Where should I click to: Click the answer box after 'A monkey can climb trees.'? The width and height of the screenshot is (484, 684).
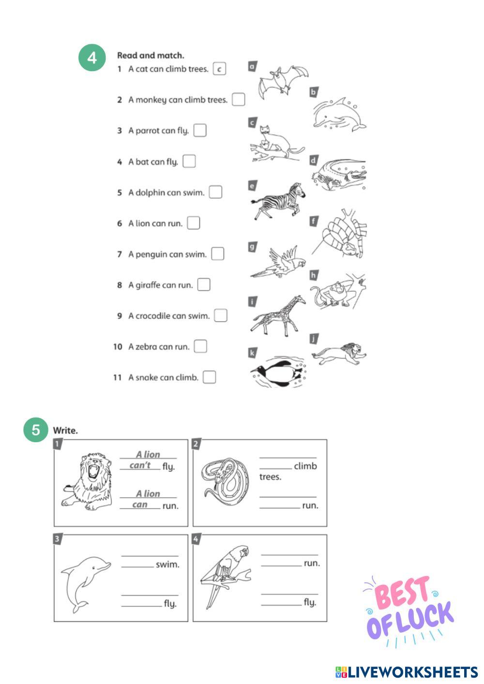point(238,100)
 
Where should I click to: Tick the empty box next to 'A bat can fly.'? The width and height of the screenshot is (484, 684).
point(189,161)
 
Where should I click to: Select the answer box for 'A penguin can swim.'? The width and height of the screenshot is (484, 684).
point(217,254)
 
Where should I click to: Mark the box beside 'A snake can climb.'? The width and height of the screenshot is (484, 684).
point(209,377)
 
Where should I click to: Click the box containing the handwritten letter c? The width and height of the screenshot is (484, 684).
point(219,69)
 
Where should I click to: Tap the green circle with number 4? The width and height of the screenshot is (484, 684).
point(92,58)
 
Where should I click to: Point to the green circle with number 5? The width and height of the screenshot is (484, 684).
point(36,430)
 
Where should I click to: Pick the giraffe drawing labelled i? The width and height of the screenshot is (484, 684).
point(278,315)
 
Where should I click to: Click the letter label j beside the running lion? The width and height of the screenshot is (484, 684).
point(314,339)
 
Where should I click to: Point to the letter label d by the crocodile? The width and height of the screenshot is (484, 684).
point(314,160)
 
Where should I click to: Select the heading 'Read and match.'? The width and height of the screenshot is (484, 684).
point(151,55)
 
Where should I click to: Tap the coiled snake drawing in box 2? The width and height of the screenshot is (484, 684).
point(225,482)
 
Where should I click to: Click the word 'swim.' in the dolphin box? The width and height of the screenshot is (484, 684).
point(167,565)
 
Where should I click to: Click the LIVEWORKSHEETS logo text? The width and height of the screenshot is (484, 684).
point(407,672)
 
